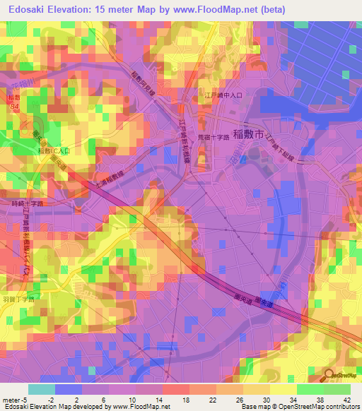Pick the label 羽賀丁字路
point(18,299)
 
